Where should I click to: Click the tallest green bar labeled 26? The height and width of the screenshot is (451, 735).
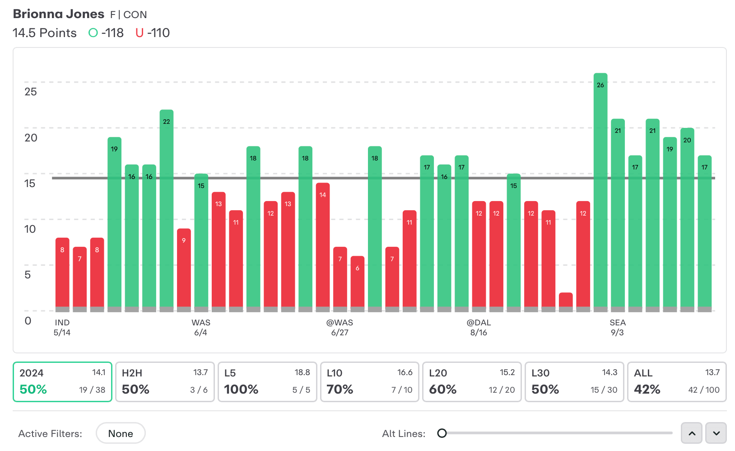[600, 190]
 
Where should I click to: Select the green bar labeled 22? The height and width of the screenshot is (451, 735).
[166, 208]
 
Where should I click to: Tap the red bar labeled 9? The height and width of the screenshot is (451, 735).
[184, 269]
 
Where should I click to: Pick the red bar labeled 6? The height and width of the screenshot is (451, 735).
[357, 282]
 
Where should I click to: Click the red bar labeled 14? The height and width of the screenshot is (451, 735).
[322, 246]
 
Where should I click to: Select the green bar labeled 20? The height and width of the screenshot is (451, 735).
[687, 217]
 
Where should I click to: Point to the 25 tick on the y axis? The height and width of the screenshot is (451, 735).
[30, 92]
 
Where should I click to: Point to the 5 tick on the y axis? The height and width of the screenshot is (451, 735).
[28, 275]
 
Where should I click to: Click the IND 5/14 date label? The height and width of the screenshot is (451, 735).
[62, 328]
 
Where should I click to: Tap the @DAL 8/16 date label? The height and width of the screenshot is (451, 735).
[479, 328]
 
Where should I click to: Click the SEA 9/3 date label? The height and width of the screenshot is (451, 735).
[617, 328]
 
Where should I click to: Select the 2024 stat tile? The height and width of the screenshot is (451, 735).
[62, 382]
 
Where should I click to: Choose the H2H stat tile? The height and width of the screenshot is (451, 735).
[165, 382]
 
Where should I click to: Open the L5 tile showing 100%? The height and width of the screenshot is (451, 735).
[267, 382]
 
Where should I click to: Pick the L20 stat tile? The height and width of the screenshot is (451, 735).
[472, 382]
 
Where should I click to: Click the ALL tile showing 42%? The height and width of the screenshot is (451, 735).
[677, 382]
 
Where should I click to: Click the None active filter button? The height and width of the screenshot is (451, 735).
[121, 433]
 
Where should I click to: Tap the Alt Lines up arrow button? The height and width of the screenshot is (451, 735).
[692, 433]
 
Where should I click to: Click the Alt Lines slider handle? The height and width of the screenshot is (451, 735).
[442, 433]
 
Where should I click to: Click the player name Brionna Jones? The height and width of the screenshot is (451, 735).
[59, 14]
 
